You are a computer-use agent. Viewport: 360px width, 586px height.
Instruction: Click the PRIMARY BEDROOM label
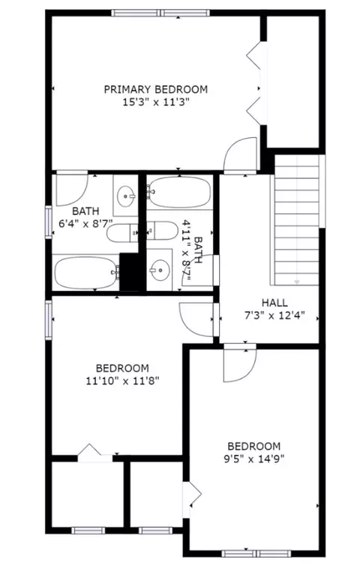(x=156, y=90)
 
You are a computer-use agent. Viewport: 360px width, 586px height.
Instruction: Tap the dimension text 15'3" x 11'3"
(x=156, y=102)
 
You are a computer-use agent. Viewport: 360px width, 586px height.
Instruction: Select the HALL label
(x=274, y=303)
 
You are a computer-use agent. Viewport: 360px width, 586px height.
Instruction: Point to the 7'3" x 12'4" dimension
(x=274, y=315)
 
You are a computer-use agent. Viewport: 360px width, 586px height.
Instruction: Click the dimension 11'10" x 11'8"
(x=123, y=381)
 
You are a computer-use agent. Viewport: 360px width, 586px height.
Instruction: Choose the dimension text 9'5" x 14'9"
(x=254, y=459)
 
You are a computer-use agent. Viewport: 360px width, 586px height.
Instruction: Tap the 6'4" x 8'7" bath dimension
(x=86, y=224)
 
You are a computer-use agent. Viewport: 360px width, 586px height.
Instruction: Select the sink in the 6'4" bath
(x=126, y=196)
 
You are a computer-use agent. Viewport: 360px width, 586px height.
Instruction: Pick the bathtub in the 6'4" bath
(x=86, y=273)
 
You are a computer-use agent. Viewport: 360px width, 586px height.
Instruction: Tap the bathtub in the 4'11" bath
(x=179, y=192)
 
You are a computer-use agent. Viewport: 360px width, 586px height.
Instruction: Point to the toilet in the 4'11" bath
(x=162, y=231)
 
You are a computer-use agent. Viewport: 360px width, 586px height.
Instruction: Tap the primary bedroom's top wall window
(x=160, y=13)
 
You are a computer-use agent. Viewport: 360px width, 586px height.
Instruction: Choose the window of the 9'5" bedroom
(x=256, y=554)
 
